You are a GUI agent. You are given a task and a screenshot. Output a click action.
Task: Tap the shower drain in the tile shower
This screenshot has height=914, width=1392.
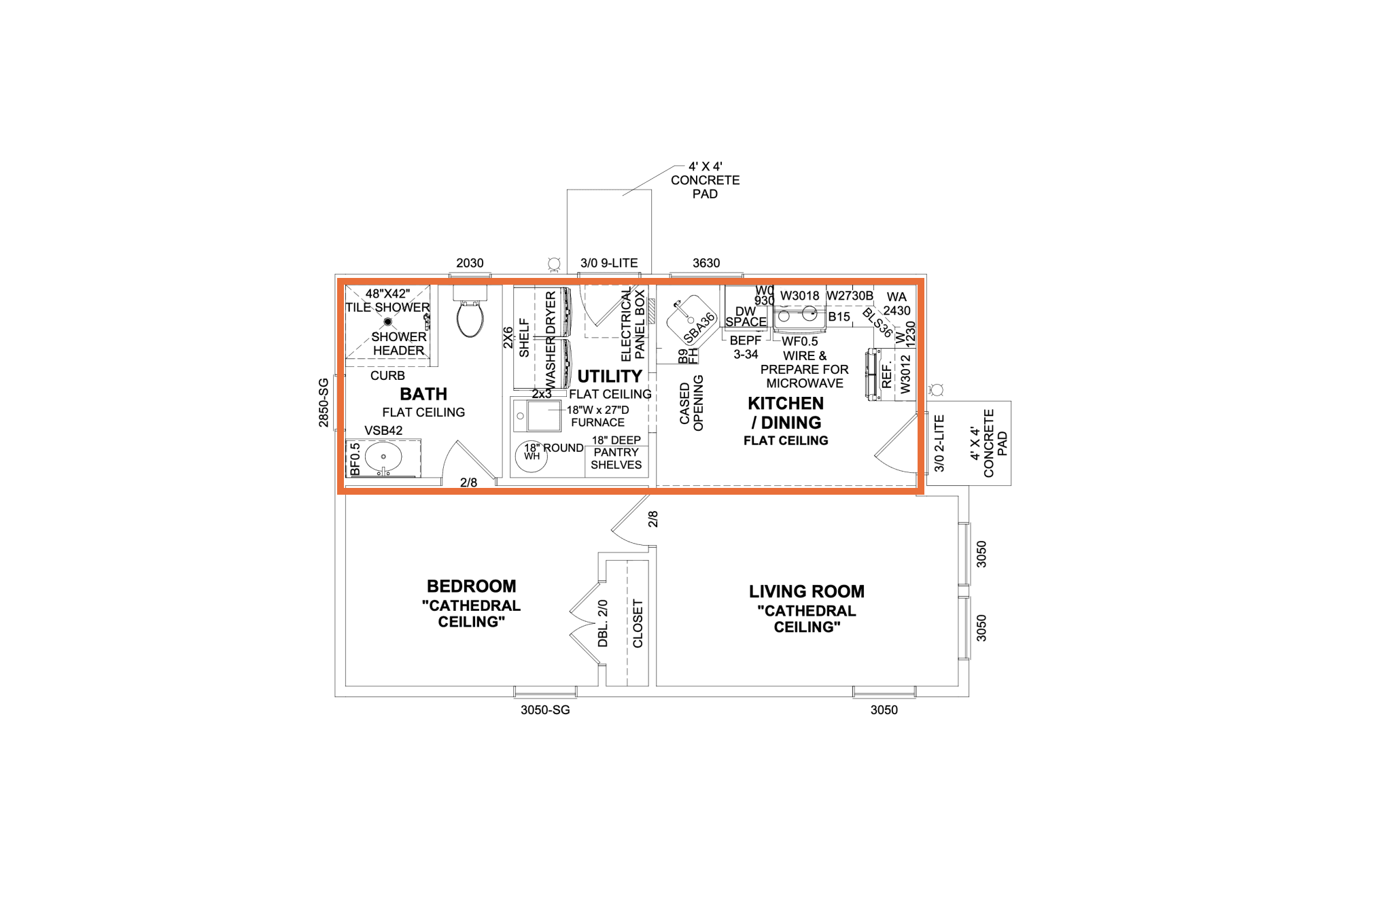[x=388, y=321]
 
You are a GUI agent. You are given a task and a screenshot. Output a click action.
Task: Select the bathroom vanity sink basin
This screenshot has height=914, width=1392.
[x=383, y=457]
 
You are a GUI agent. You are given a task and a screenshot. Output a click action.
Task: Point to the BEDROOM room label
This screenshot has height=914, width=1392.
[x=471, y=586]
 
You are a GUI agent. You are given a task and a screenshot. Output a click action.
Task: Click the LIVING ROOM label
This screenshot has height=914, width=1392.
[x=807, y=591]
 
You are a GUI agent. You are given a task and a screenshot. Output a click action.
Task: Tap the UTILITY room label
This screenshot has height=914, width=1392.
[x=610, y=376]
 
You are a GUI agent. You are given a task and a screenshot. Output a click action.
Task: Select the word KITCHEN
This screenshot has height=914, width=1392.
[x=786, y=403]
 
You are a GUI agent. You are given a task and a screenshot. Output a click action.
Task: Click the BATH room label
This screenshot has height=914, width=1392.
[x=423, y=394]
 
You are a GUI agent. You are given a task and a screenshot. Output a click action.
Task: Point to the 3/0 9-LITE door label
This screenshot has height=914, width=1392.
[x=609, y=263]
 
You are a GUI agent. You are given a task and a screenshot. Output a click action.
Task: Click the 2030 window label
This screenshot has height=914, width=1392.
[x=470, y=263]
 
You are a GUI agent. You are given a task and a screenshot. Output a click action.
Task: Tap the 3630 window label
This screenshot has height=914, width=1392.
[x=706, y=263]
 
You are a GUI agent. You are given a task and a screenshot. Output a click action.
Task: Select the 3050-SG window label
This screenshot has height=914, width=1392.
[x=545, y=710]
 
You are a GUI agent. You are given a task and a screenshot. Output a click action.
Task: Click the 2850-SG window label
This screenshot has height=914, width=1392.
[x=324, y=403]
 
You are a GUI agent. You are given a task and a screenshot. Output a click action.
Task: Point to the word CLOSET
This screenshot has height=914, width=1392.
[x=638, y=624]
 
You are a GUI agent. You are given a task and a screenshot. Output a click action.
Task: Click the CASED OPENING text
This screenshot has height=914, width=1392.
[x=691, y=402]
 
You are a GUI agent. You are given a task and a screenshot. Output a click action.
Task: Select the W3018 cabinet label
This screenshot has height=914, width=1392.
[x=799, y=296]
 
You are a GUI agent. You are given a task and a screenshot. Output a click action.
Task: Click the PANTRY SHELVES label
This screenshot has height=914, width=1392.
[x=616, y=459]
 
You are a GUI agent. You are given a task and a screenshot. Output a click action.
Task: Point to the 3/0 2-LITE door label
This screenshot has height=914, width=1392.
[x=939, y=443]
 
